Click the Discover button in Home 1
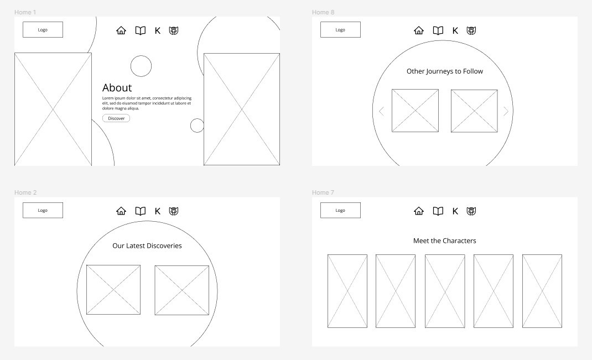tap(116, 118)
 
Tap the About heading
tap(117, 88)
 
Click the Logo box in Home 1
tap(43, 30)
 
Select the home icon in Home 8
tap(419, 30)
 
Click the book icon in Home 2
tap(141, 211)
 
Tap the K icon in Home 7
tap(455, 211)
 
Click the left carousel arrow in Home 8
tap(381, 111)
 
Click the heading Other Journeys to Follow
tap(445, 71)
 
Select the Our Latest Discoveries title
tap(147, 246)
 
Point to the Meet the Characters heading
tap(445, 241)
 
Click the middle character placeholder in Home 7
tap(445, 291)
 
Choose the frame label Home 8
tap(323, 12)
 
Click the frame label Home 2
tap(25, 192)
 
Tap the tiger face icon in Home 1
tap(174, 30)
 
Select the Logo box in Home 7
tap(341, 210)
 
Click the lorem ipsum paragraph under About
tap(147, 103)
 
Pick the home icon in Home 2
tap(121, 211)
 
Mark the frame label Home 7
tap(323, 192)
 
